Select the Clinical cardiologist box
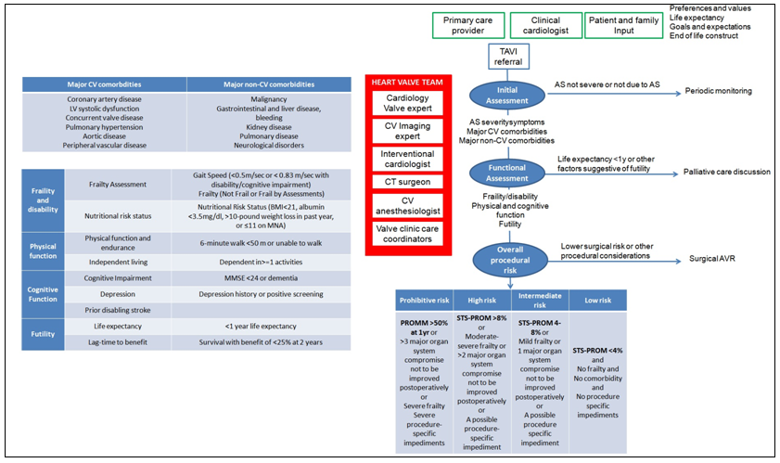[x=546, y=25]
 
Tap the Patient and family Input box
[x=626, y=25]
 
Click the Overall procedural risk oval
[x=508, y=259]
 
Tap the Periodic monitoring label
[x=718, y=91]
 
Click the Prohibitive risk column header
[x=424, y=301]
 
